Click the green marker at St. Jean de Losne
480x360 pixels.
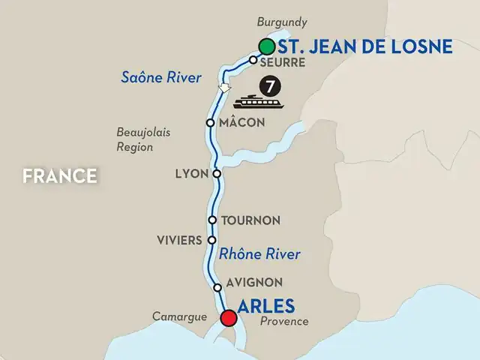tap(265, 46)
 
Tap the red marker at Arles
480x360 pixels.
tap(228, 319)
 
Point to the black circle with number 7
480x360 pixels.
tap(266, 83)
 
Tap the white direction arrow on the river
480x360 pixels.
tap(223, 88)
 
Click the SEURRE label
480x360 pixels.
tap(281, 63)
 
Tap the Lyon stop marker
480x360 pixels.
tap(217, 174)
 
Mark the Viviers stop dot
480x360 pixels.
tap(211, 240)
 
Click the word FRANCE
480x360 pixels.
tap(59, 176)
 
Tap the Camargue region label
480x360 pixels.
tap(181, 317)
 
